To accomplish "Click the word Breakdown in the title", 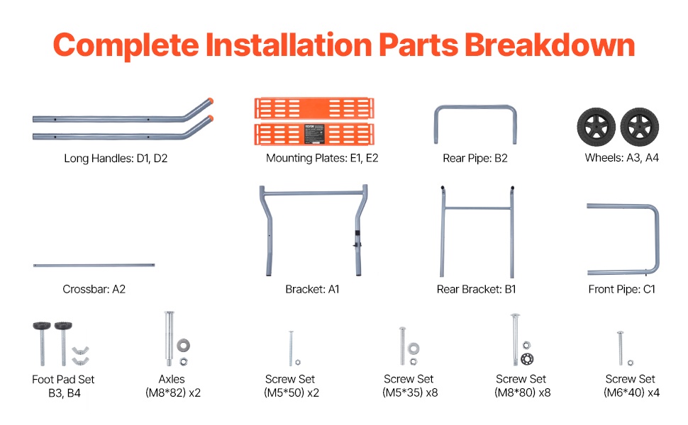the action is coord(550,45).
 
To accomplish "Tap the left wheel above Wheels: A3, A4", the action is coord(596,127).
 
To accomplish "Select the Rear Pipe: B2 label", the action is coord(475,158).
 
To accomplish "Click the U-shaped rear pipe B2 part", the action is coord(475,107).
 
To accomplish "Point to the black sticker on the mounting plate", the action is coord(314,134).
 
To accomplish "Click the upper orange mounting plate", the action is coord(314,108).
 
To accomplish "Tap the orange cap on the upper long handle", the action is coord(211,101).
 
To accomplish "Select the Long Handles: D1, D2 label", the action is coord(116,158).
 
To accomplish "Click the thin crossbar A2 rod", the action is coord(94,265).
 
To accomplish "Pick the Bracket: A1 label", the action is coord(312,289).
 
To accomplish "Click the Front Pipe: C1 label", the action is coord(622,289).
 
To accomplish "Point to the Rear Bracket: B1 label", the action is coord(477,289).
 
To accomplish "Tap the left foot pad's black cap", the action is coord(42,326).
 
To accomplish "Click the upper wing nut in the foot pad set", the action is coord(81,350).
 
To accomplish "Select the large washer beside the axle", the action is coord(184,345).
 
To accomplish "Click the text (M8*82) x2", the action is coord(173,392).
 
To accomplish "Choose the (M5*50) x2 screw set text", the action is coord(292,392).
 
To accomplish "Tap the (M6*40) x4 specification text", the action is coord(631,392).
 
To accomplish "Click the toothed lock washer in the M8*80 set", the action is coord(527,359).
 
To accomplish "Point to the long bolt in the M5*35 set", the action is coord(402,346).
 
